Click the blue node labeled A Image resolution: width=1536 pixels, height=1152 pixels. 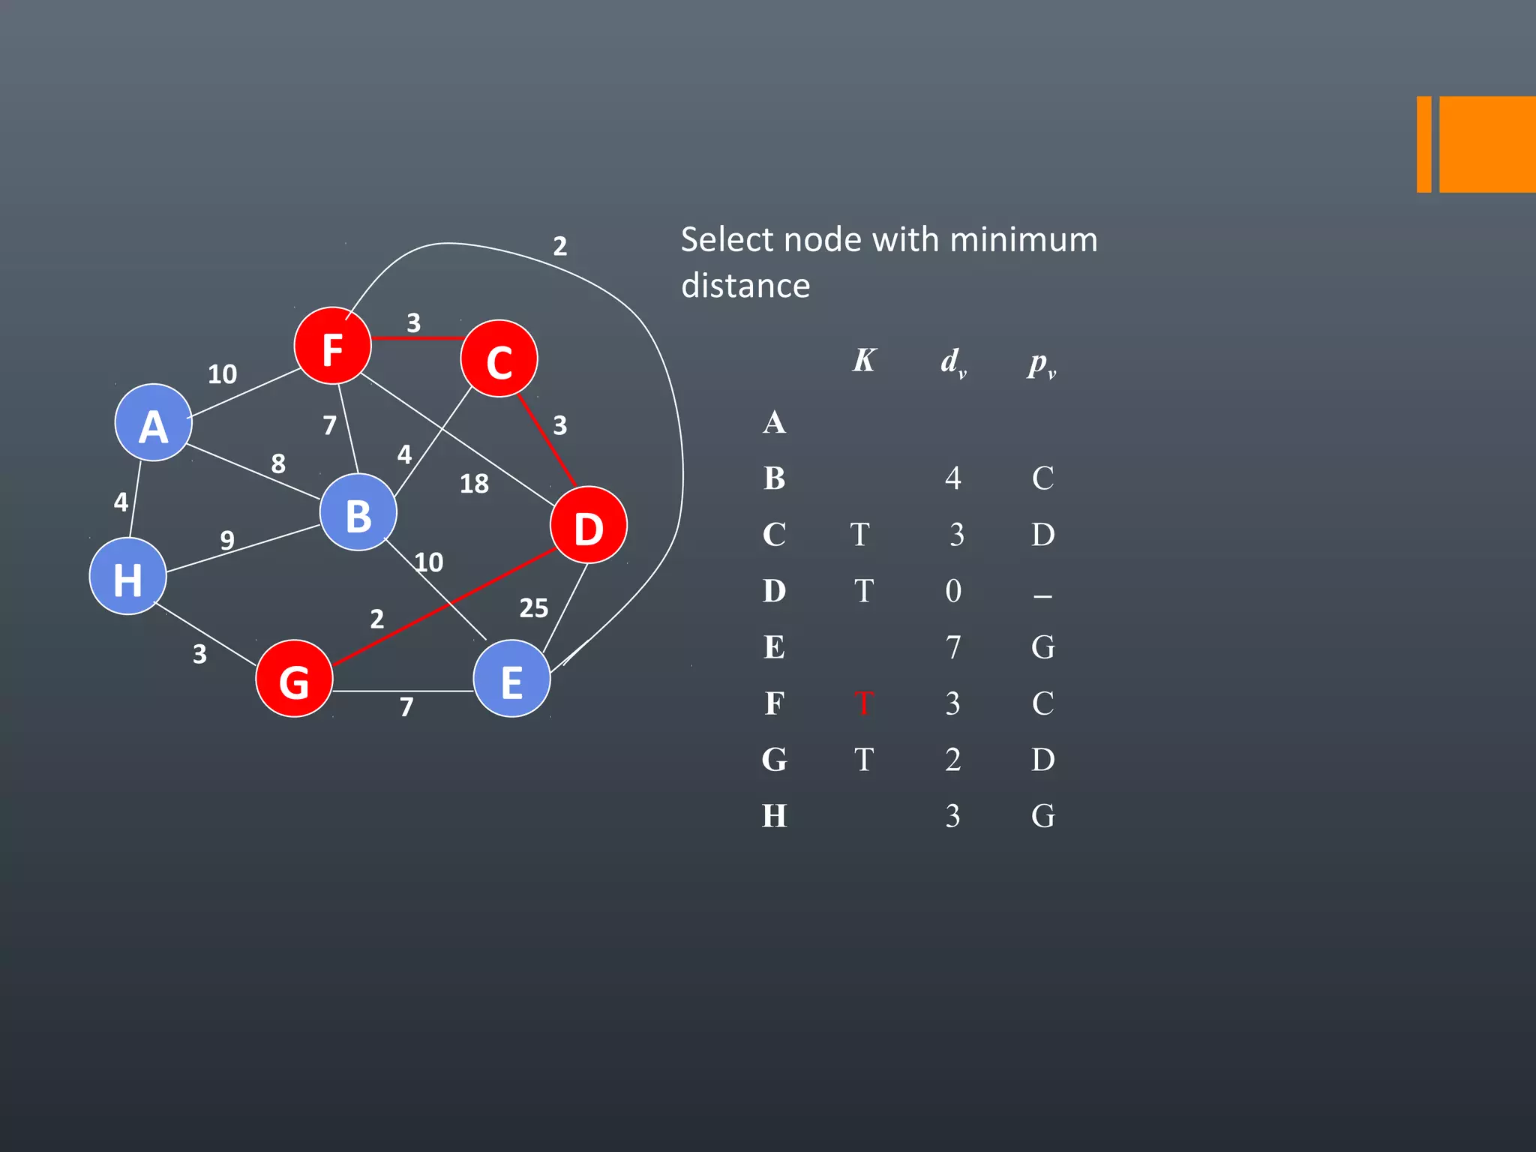click(153, 423)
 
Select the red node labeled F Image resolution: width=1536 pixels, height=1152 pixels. click(332, 346)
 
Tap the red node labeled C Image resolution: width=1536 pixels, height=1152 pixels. click(499, 359)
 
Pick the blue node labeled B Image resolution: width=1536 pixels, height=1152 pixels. click(358, 513)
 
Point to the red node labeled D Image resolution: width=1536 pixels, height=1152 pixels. click(588, 525)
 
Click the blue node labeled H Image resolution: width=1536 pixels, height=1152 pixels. click(127, 576)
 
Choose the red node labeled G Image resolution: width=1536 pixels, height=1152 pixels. click(294, 679)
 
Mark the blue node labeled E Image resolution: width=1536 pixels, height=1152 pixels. click(511, 679)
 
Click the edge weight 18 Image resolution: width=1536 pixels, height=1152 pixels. click(474, 484)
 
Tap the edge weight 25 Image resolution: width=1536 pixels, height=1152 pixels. click(533, 607)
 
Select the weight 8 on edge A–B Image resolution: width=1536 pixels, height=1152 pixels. click(278, 463)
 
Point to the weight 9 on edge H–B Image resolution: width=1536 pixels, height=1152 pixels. click(227, 539)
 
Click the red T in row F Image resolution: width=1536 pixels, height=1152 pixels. click(863, 703)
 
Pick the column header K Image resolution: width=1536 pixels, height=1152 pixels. click(863, 361)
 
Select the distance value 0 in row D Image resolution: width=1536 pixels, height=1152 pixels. click(952, 591)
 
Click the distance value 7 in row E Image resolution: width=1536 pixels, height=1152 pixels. click(952, 647)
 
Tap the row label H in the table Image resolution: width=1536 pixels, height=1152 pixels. click(774, 816)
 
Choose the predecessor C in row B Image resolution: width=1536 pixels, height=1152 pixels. click(1042, 478)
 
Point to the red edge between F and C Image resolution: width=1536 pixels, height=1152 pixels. click(416, 338)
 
